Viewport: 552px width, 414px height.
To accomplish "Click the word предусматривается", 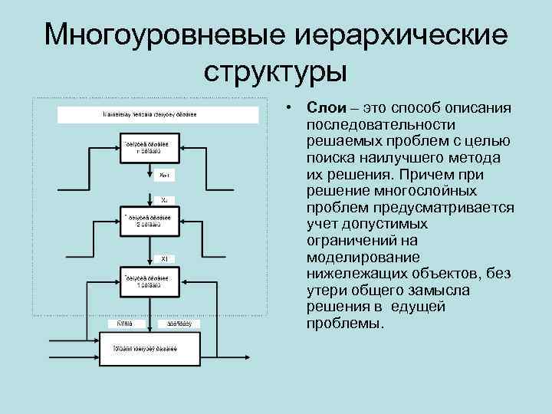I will [x=452, y=208].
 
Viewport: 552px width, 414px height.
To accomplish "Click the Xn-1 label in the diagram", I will [x=166, y=176].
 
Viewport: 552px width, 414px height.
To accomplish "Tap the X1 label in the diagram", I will [x=165, y=258].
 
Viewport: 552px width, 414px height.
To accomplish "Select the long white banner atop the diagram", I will [x=150, y=115].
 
